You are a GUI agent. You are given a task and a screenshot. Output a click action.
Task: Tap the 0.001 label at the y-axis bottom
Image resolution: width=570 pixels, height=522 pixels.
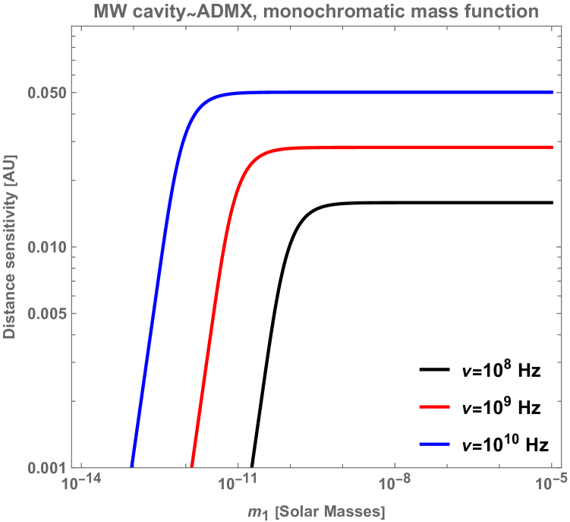pyautogui.click(x=46, y=467)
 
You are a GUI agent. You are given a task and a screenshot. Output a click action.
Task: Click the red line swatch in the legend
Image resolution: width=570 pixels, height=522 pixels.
pyautogui.click(x=435, y=407)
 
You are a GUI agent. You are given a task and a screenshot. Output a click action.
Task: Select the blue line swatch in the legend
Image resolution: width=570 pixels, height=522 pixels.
pyautogui.click(x=435, y=444)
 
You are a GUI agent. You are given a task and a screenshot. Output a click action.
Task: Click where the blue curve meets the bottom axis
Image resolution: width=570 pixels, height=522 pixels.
pyautogui.click(x=132, y=467)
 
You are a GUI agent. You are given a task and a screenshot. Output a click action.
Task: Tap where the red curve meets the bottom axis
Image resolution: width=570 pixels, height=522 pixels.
pyautogui.click(x=191, y=467)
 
